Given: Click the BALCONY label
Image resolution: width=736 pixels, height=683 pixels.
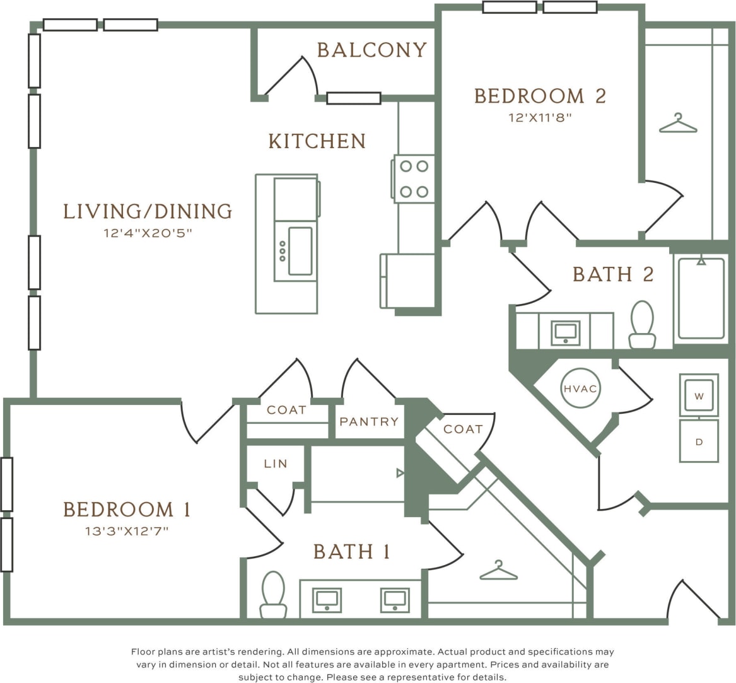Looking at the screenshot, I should point(371,50).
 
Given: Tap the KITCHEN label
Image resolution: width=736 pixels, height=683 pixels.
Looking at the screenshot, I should point(317,141).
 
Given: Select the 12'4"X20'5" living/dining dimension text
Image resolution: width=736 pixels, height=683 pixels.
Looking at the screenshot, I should point(148,233).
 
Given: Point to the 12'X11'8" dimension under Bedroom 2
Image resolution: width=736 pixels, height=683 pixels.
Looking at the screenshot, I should point(540,117).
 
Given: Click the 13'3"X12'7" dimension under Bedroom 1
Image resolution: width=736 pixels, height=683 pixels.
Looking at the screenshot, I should point(127,531).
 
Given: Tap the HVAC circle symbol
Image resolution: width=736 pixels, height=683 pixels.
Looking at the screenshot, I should point(580,388).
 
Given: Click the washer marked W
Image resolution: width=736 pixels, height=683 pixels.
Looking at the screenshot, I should point(699,395).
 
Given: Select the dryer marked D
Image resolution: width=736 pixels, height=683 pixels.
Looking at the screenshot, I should point(699,441).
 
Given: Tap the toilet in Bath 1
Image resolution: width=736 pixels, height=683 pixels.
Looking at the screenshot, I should point(273,594).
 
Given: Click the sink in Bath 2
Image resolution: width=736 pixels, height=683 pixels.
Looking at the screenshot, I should point(565,332).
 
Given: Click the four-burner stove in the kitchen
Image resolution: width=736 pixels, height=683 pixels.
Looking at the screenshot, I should point(414,179).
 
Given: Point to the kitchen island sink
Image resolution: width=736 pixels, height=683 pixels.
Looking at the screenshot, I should point(300,250).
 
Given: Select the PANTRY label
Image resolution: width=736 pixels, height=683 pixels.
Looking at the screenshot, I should point(369,422).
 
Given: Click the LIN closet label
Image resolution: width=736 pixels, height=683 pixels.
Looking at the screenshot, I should point(276,464).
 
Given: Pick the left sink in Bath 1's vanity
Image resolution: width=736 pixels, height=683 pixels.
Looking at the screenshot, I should point(327,600).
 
